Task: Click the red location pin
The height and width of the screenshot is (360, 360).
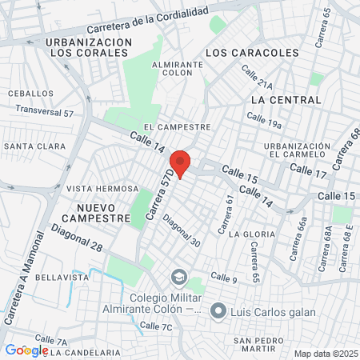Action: [x=181, y=163]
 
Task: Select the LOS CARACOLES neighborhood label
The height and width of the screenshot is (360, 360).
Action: [x=252, y=52]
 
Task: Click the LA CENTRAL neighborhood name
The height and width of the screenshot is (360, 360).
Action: [x=286, y=100]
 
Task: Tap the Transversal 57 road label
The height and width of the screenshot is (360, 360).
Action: [x=44, y=111]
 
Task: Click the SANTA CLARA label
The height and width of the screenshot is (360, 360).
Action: [x=34, y=146]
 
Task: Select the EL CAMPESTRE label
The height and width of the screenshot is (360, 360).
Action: [x=177, y=126]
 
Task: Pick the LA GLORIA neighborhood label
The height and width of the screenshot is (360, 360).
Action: [x=252, y=234]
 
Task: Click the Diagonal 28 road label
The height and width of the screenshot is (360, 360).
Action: [x=76, y=238]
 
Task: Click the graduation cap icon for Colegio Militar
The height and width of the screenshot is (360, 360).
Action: [x=178, y=278]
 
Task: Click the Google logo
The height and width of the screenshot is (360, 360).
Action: [x=26, y=350]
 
